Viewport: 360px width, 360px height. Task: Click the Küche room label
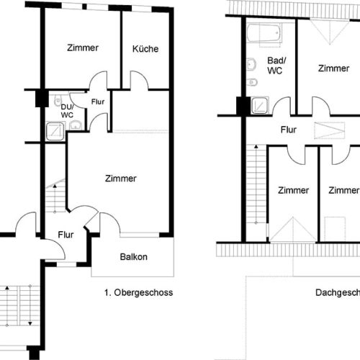145,49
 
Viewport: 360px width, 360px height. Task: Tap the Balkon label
134,257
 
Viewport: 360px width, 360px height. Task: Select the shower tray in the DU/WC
53,130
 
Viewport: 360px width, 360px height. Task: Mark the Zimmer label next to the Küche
83,48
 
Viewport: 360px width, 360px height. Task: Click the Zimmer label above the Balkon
120,179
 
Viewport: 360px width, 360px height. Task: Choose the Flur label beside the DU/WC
97,102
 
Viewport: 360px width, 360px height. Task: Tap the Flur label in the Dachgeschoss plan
289,130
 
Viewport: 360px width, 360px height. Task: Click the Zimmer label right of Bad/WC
333,68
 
